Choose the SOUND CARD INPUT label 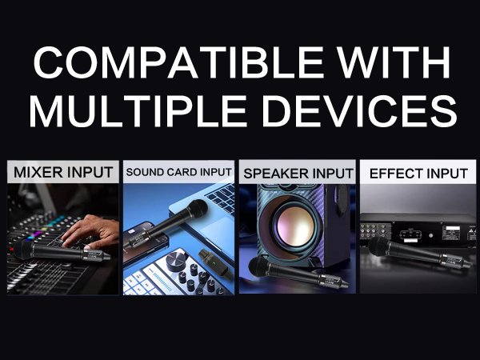(179, 172)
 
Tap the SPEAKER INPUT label (298, 172)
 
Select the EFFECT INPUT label (418, 172)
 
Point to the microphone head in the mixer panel (24, 251)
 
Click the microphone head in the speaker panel (258, 266)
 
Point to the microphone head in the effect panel (376, 246)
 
